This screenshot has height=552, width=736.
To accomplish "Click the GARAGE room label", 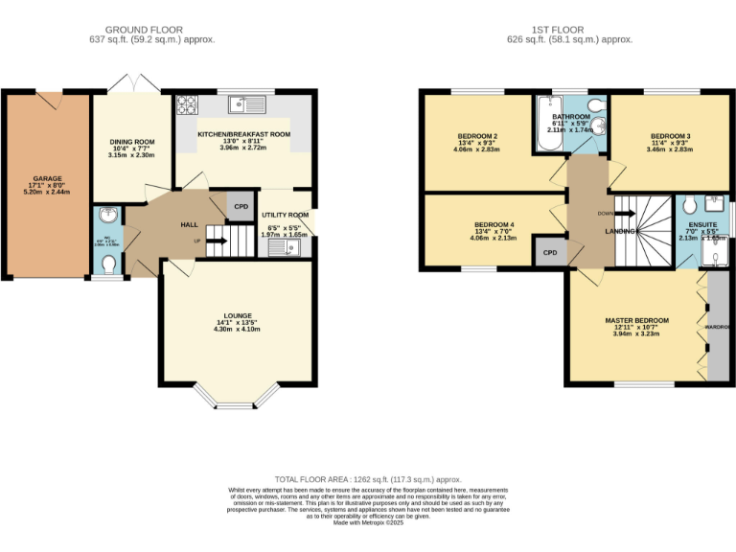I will [x=48, y=178].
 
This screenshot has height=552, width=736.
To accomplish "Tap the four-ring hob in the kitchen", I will [x=186, y=104].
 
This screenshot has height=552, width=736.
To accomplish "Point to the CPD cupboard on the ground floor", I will [x=241, y=206].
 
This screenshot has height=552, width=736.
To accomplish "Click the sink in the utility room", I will [x=285, y=248].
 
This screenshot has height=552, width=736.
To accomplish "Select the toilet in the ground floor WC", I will [x=110, y=263].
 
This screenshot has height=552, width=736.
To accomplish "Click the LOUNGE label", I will [x=238, y=315].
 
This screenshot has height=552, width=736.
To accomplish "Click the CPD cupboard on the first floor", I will [x=550, y=253].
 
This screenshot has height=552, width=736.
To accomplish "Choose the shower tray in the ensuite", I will [x=716, y=249].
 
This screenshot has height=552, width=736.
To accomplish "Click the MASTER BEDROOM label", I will [x=636, y=319].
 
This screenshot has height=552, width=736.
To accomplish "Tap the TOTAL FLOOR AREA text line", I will [x=368, y=478].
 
